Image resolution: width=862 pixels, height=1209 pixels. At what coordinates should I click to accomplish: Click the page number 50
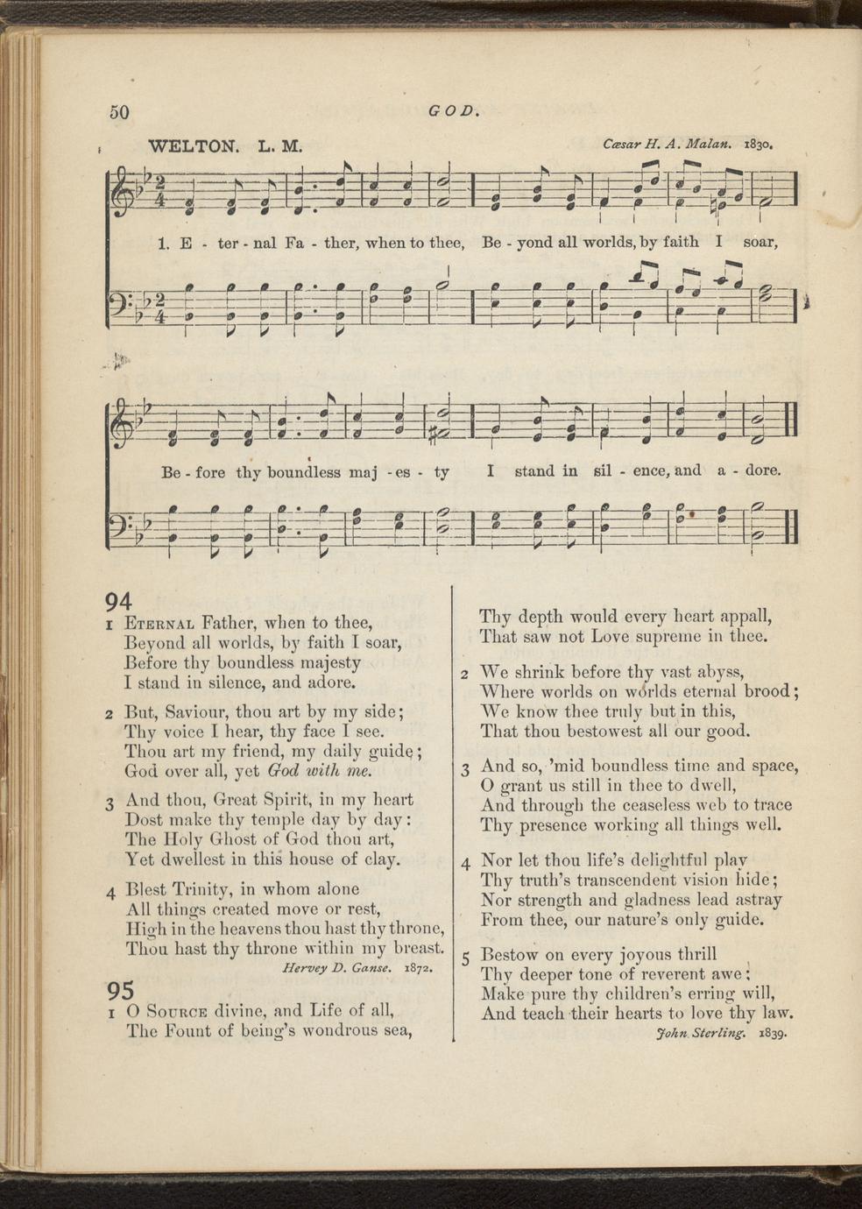(119, 112)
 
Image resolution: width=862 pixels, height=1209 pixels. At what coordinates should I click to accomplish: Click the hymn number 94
(118, 601)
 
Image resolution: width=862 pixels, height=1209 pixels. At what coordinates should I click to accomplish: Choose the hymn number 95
(120, 990)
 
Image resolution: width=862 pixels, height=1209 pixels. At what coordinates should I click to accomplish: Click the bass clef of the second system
(120, 524)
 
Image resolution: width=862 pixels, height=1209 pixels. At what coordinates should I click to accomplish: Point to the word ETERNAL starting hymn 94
(159, 624)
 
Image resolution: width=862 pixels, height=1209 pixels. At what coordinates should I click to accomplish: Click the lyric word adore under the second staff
(762, 470)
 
